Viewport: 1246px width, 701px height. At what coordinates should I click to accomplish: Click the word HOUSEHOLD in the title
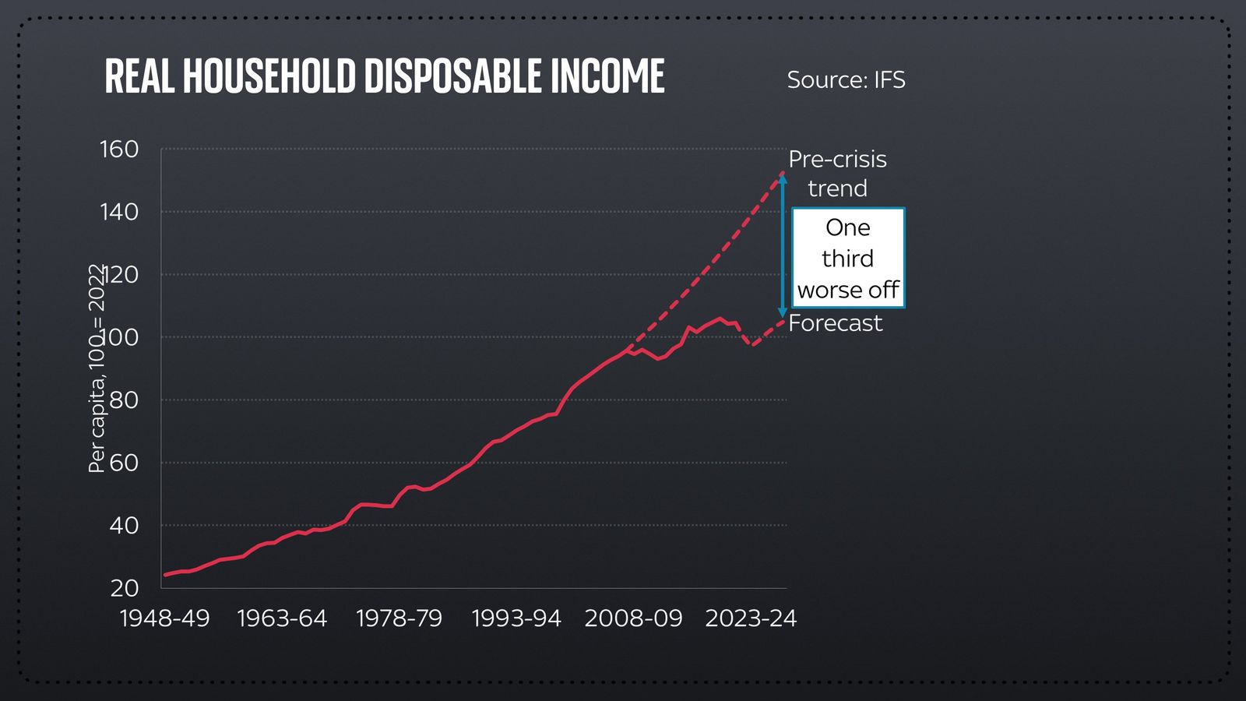269,76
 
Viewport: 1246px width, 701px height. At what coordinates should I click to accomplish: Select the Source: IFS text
846,79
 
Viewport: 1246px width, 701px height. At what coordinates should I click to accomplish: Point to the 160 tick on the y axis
119,149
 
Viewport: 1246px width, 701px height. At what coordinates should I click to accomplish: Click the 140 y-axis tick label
119,211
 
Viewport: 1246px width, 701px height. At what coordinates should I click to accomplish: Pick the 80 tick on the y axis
123,400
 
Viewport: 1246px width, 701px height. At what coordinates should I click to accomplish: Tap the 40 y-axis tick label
123,525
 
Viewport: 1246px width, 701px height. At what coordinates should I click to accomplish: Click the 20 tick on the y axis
123,588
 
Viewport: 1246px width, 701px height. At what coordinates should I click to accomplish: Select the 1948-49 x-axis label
164,618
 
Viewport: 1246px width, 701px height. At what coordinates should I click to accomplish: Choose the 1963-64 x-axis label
282,618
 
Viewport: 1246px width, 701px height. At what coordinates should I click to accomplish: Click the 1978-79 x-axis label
399,618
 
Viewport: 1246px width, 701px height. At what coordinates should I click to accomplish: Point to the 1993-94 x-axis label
516,618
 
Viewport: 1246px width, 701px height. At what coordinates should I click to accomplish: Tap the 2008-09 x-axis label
633,618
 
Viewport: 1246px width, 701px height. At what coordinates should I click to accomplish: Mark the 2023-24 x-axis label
751,618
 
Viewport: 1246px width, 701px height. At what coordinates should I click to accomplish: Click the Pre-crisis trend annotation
837,174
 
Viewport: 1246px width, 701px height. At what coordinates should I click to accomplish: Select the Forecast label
836,323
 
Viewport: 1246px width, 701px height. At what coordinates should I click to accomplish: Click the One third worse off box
848,258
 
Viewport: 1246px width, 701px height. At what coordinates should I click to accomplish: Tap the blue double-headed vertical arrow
783,245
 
